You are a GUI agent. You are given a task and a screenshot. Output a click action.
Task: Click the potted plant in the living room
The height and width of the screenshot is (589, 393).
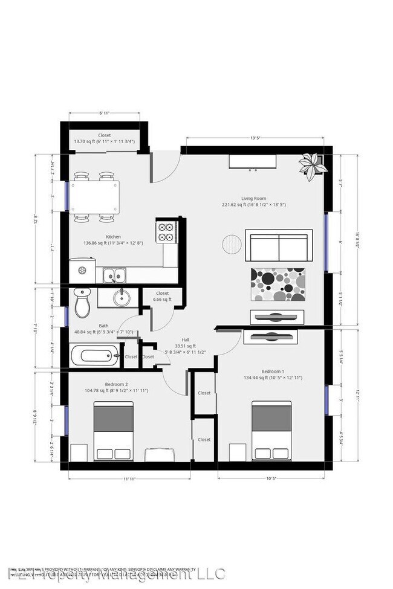pos(313,166)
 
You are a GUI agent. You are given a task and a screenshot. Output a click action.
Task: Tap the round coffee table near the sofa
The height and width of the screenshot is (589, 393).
pos(232,244)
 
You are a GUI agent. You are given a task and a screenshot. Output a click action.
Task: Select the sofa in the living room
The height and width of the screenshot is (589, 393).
pos(279,245)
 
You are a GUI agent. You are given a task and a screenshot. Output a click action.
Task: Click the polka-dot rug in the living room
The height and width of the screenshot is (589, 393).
pos(278,284)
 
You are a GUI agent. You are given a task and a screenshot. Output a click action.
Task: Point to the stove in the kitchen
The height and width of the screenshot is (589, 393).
pos(167,231)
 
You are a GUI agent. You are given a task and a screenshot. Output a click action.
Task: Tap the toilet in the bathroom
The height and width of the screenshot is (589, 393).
pos(82,303)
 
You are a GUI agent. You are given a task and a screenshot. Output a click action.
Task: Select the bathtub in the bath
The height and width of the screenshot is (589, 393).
pos(94,355)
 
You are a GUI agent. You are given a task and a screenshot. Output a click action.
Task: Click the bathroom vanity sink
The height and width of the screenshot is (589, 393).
pos(119,298)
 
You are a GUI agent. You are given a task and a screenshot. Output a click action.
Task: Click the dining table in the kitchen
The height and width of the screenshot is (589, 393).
pos(96,197)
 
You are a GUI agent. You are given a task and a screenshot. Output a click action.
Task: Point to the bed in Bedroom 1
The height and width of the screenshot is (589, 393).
pos(271,431)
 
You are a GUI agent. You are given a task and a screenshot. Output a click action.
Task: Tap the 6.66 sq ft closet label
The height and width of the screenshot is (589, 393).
pos(162,296)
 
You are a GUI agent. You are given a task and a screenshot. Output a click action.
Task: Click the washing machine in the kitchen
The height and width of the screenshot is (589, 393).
pos(82,271)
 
